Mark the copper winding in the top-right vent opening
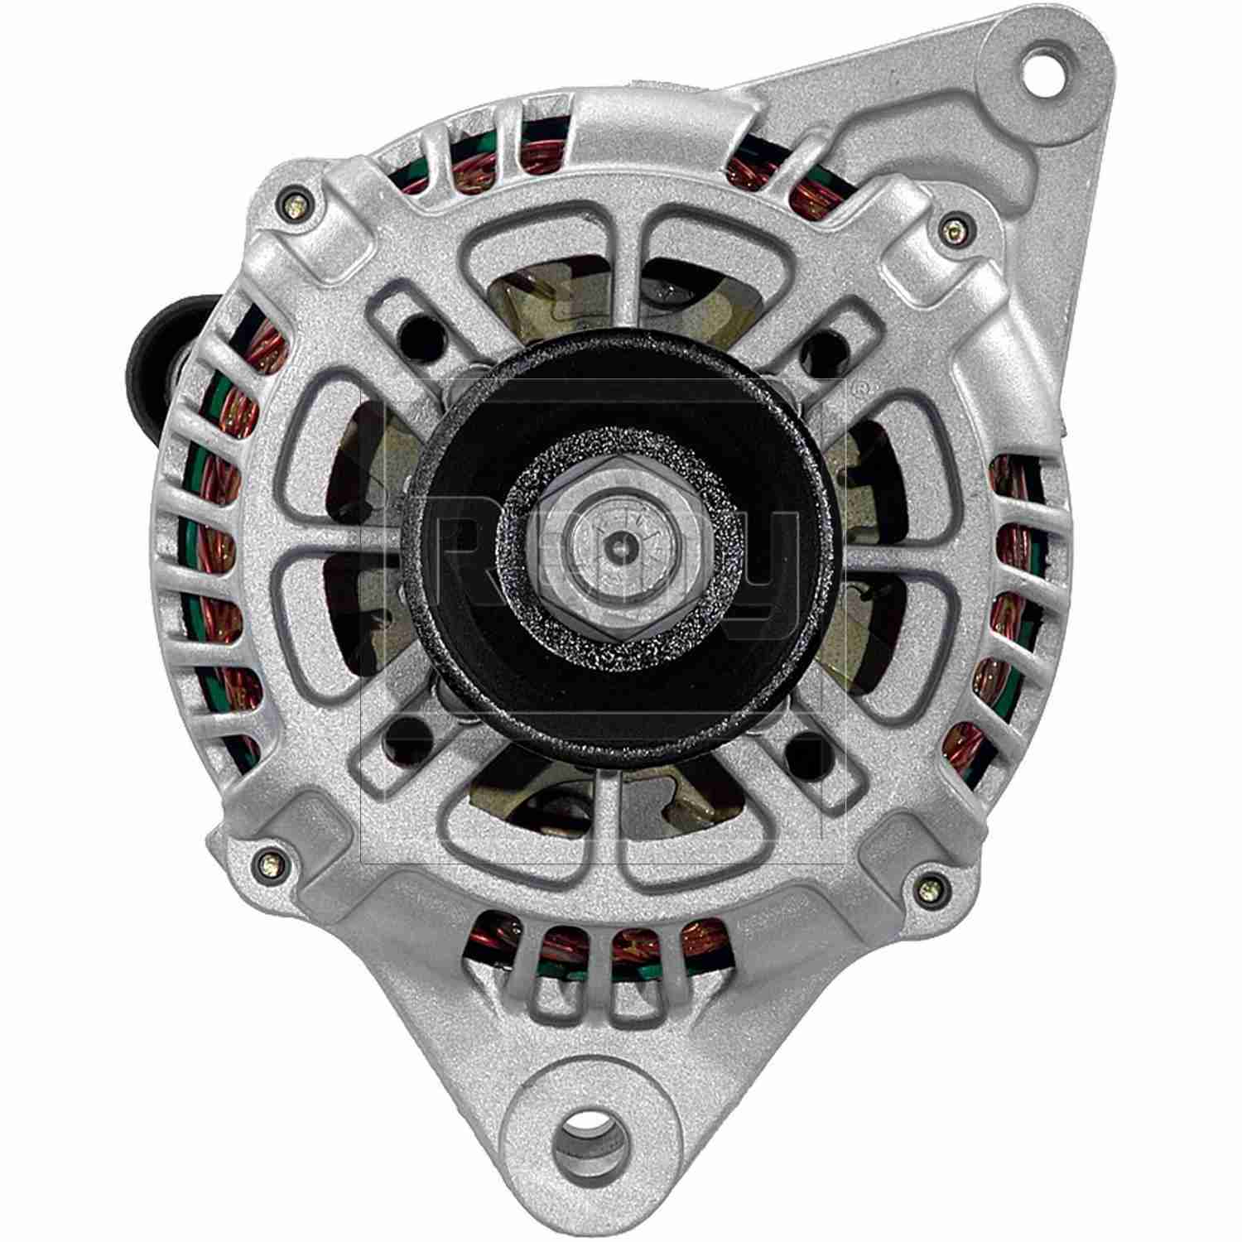coord(749,173)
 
